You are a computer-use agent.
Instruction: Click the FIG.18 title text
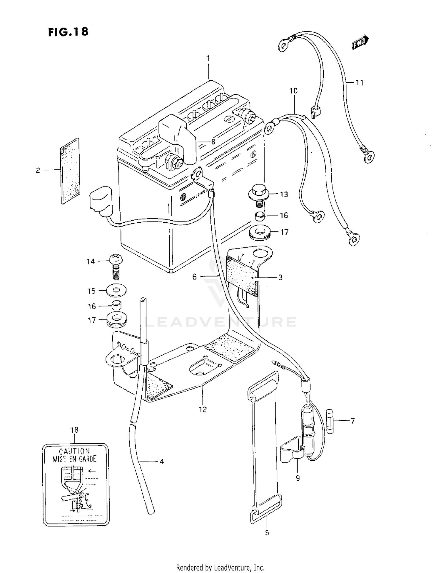(x=68, y=32)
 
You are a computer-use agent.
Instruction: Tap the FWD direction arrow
(x=360, y=42)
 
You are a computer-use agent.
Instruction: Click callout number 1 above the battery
(x=208, y=59)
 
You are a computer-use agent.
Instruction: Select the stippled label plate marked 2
(x=70, y=171)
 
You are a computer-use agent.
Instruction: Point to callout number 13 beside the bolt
(x=284, y=194)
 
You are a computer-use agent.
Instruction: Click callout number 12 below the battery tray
(x=203, y=409)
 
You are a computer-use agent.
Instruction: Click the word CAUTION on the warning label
(x=74, y=451)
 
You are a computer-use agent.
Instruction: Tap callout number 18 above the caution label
(x=74, y=430)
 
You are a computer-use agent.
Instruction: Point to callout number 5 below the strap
(x=267, y=532)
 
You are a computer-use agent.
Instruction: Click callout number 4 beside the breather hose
(x=161, y=462)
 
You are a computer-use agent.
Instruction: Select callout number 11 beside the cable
(x=360, y=83)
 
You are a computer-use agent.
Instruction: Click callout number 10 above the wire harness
(x=293, y=91)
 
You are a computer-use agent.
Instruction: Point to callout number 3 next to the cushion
(x=280, y=277)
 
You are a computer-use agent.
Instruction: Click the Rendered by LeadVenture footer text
(x=220, y=567)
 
